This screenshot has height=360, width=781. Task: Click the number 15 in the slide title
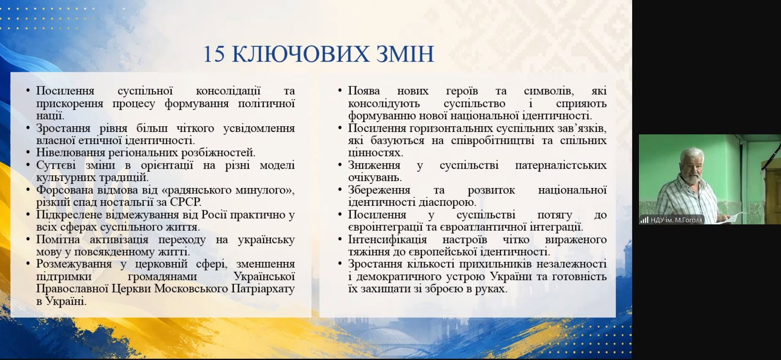click(x=214, y=54)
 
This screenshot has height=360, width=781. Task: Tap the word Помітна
click(x=58, y=239)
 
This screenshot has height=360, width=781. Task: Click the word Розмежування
click(x=74, y=264)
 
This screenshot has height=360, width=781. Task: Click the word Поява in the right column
click(x=364, y=91)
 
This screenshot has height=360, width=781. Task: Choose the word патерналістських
click(x=561, y=165)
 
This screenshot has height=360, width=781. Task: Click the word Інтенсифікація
click(x=388, y=240)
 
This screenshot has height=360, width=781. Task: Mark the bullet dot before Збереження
click(x=340, y=190)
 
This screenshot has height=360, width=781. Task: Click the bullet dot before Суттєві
click(x=28, y=165)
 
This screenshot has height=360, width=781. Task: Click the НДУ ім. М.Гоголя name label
click(x=676, y=220)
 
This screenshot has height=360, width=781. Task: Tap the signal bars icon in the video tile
click(x=644, y=220)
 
